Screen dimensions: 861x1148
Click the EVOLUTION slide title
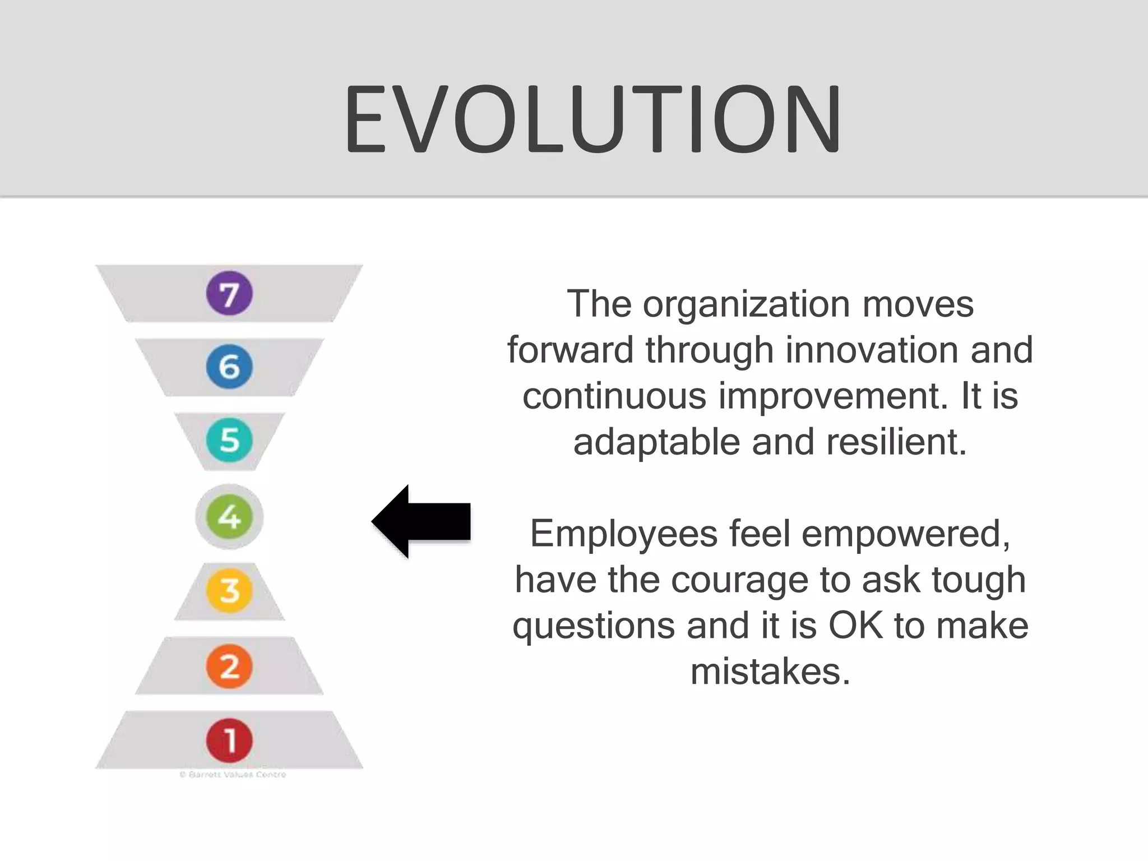tap(592, 119)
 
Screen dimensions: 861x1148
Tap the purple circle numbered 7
tap(229, 293)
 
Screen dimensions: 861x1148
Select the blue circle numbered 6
tap(229, 367)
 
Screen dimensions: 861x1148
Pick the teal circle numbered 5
tap(229, 440)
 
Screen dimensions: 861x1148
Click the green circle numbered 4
tap(229, 516)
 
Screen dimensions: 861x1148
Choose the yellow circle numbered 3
tap(229, 590)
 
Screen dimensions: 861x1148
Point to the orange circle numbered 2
tap(229, 666)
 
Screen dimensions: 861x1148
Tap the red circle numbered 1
tap(229, 740)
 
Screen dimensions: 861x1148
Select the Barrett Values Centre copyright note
tap(233, 775)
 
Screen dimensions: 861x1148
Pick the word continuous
tap(614, 396)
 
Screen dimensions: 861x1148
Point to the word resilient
tap(896, 442)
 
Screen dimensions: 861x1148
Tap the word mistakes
tap(770, 672)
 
